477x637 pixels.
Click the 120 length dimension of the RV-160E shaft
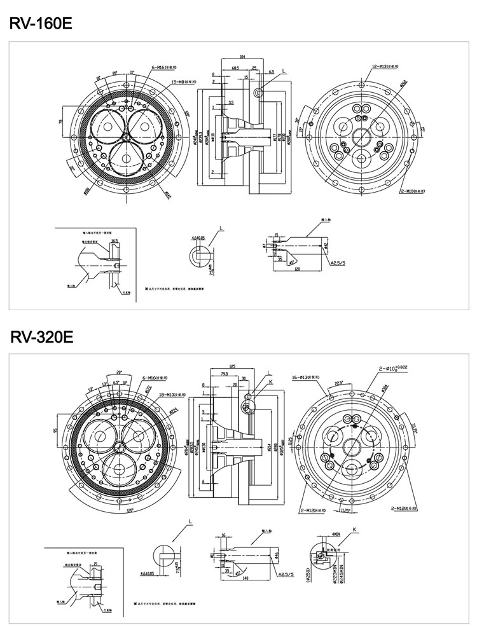[296, 270]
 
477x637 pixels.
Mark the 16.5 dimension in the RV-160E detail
[114, 242]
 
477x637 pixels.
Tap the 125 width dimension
[232, 366]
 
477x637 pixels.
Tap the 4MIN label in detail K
[336, 535]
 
